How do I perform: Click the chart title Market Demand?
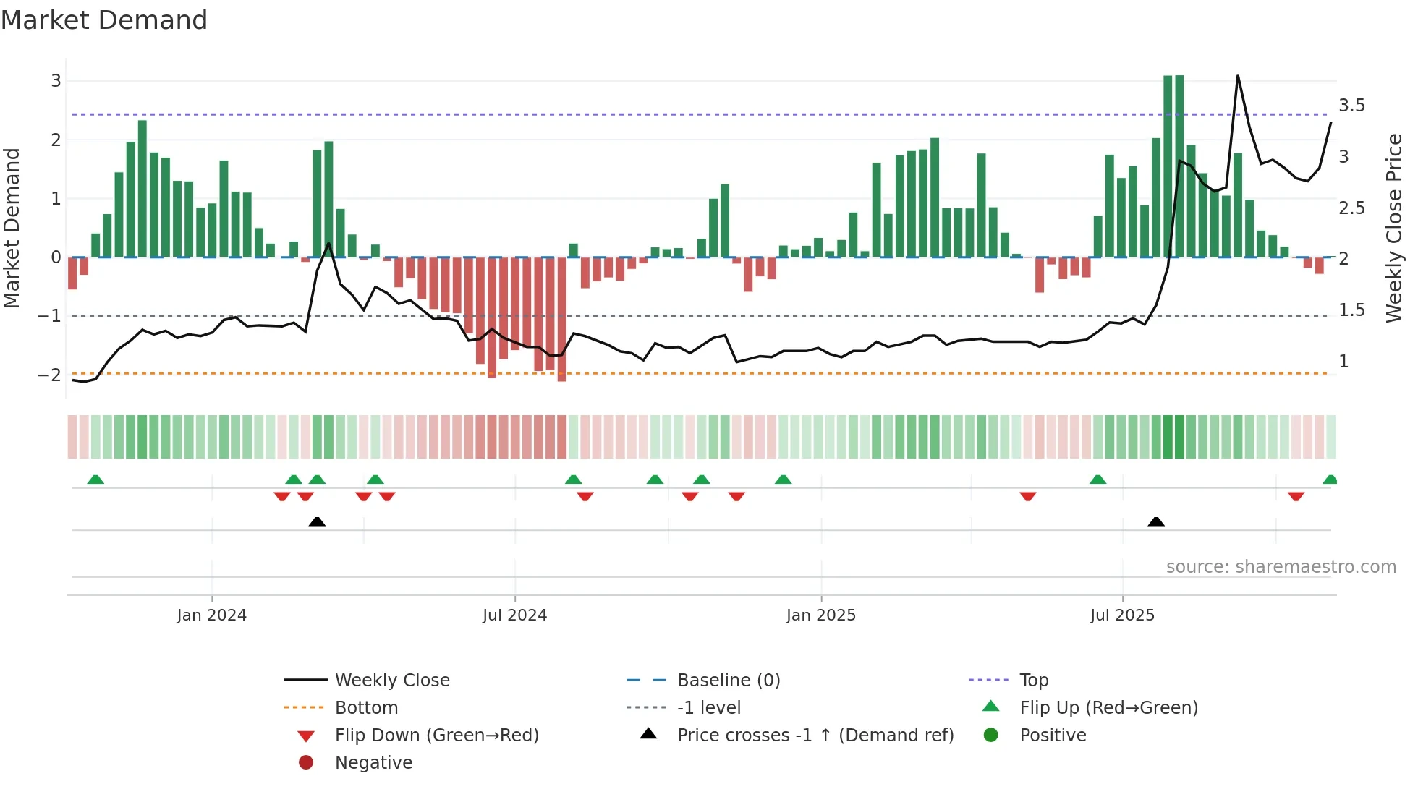pos(104,20)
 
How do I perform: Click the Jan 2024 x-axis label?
pos(211,615)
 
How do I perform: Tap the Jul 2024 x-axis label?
pos(514,615)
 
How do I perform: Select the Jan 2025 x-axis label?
pos(820,615)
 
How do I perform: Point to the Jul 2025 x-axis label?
pos(1122,615)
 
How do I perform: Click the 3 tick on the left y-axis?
pos(56,80)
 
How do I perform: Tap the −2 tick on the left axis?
pos(49,375)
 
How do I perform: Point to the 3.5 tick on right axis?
pos(1351,106)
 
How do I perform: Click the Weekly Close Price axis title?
pos(1394,228)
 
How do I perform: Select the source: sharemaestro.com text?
pos(1281,567)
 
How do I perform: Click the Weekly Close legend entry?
pos(391,681)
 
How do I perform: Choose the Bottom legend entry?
pos(366,708)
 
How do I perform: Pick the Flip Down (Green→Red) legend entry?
pos(436,736)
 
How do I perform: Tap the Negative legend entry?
pos(373,763)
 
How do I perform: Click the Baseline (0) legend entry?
pos(728,681)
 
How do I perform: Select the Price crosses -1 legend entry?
pos(815,736)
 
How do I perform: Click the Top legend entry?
pos(1033,681)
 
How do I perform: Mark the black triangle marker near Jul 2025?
pos(1156,521)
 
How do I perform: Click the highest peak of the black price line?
pos(1238,76)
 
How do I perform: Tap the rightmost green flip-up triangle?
pos(1330,480)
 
